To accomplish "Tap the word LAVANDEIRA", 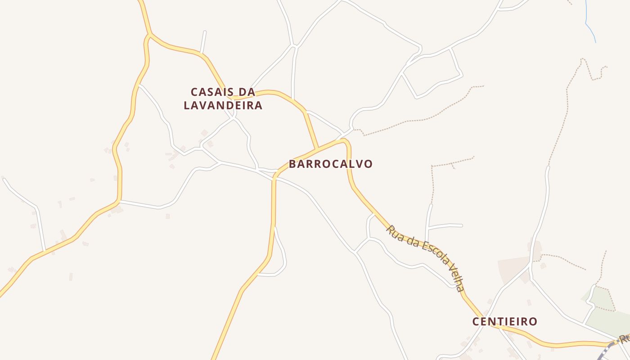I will pyautogui.click(x=223, y=106).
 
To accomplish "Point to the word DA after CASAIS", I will pyautogui.click(x=246, y=92).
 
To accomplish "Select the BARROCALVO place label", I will pyautogui.click(x=331, y=164).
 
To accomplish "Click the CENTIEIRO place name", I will pyautogui.click(x=504, y=322).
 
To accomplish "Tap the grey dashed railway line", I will pyautogui.click(x=605, y=351).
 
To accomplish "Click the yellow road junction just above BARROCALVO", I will pyautogui.click(x=318, y=148).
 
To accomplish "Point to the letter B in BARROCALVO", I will pyautogui.click(x=293, y=164).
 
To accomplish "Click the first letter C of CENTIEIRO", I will pyautogui.click(x=476, y=322).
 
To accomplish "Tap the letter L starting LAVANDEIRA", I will pyautogui.click(x=188, y=106).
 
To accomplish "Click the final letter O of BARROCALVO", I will pyautogui.click(x=369, y=164).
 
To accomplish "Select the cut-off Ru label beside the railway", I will pyautogui.click(x=624, y=338).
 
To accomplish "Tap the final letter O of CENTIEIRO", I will pyautogui.click(x=533, y=322).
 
